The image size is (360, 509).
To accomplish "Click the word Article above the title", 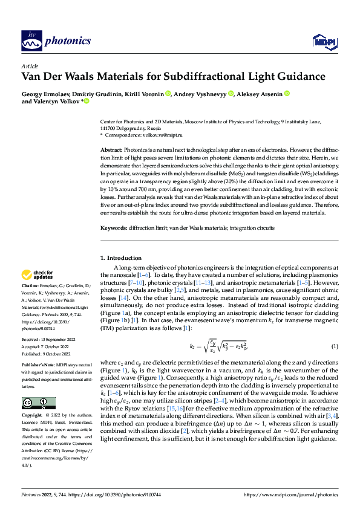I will [x=30, y=66].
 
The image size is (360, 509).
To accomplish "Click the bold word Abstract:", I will [x=111, y=149].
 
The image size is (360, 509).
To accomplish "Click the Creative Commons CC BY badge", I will [x=39, y=403].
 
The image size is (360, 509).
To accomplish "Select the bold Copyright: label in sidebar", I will [x=33, y=416].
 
